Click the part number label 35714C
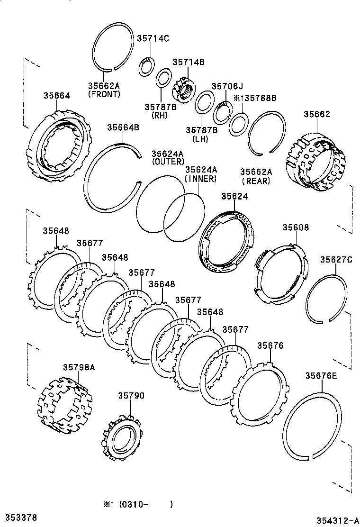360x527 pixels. pyautogui.click(x=153, y=39)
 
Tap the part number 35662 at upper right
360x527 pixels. pyautogui.click(x=317, y=114)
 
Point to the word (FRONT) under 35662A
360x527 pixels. pyautogui.click(x=104, y=94)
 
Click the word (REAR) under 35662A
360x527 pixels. pyautogui.click(x=256, y=181)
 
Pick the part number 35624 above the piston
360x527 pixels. pyautogui.click(x=234, y=196)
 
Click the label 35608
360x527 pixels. pyautogui.click(x=296, y=227)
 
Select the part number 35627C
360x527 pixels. pyautogui.click(x=336, y=259)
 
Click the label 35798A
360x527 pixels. pyautogui.click(x=79, y=367)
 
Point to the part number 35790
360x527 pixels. pyautogui.click(x=131, y=396)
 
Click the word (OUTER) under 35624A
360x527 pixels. pyautogui.click(x=167, y=162)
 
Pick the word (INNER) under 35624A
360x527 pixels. pyautogui.click(x=200, y=179)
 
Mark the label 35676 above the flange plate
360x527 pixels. pyautogui.click(x=270, y=346)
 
